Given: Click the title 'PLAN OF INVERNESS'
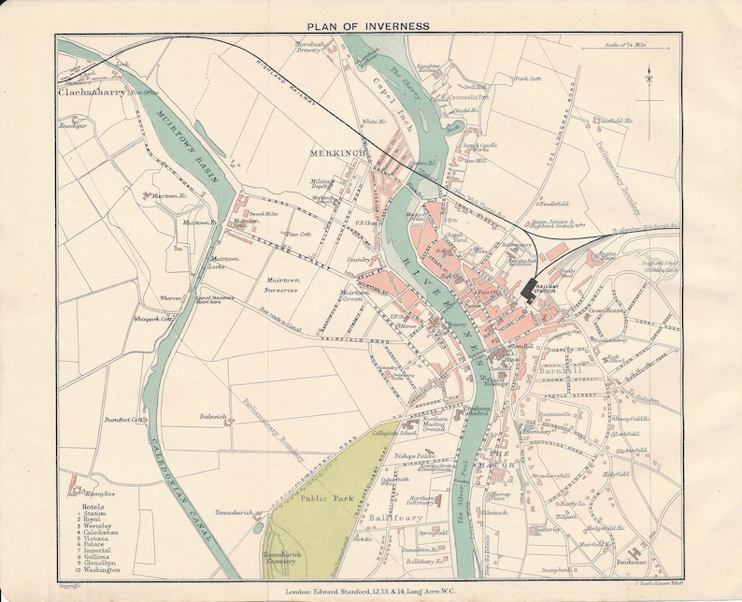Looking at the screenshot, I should click(371, 25).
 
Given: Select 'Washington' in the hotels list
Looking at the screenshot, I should click(100, 569).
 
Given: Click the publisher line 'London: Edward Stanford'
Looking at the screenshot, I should click(370, 591).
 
